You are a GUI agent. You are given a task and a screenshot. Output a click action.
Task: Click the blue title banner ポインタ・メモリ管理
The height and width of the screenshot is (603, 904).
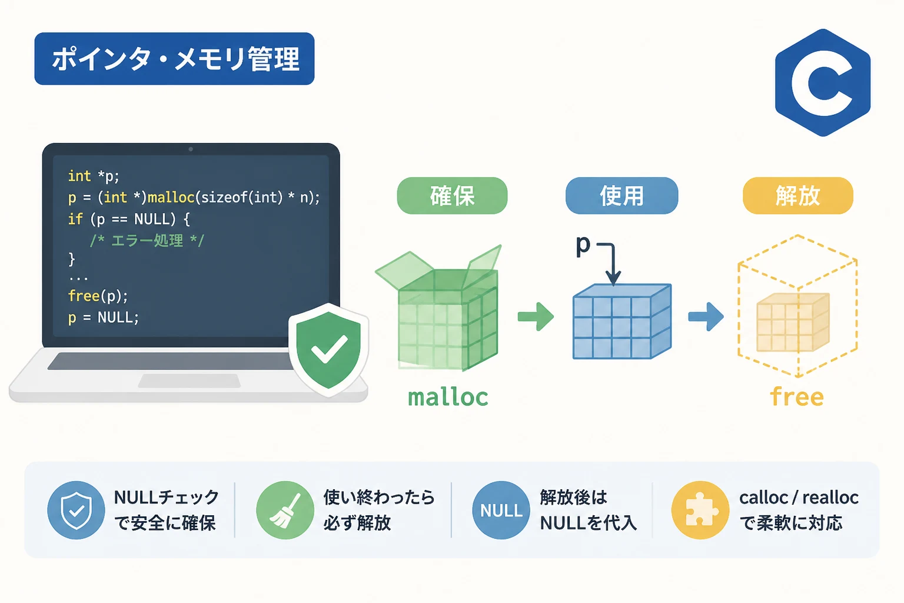pyautogui.click(x=174, y=59)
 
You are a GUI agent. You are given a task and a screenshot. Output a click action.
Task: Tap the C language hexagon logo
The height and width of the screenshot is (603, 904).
pyautogui.click(x=823, y=83)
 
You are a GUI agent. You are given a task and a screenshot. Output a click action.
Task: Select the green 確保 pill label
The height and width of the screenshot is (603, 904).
pyautogui.click(x=452, y=196)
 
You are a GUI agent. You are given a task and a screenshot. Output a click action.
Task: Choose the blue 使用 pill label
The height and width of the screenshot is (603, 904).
pyautogui.click(x=621, y=196)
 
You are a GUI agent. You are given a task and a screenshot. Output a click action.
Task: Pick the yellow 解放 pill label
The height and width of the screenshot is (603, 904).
pyautogui.click(x=798, y=196)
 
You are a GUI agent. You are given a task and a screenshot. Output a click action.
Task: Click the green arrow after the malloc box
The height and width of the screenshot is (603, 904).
pyautogui.click(x=536, y=317)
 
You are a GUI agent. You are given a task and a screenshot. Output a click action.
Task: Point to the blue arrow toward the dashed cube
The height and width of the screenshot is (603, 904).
pyautogui.click(x=706, y=317)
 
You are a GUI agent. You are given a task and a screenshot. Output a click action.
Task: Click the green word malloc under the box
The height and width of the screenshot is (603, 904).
pyautogui.click(x=448, y=397)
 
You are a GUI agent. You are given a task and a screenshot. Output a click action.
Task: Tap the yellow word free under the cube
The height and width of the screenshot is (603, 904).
pyautogui.click(x=797, y=396)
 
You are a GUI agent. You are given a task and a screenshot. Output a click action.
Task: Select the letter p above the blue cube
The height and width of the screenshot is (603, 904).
pyautogui.click(x=583, y=245)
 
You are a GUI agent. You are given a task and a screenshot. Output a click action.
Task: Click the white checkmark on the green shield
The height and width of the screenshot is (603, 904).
pyautogui.click(x=330, y=349)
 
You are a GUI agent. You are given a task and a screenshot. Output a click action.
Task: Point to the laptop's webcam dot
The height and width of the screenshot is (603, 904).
pyautogui.click(x=191, y=150)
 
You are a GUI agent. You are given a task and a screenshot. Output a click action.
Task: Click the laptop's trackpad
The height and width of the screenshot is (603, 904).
pyautogui.click(x=190, y=381)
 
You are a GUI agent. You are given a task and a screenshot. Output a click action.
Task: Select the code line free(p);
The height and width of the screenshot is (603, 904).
pyautogui.click(x=98, y=296)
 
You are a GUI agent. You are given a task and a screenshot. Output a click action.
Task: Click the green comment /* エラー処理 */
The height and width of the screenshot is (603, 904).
pyautogui.click(x=147, y=241)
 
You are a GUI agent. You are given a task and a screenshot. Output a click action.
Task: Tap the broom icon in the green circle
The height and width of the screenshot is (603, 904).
pyautogui.click(x=285, y=510)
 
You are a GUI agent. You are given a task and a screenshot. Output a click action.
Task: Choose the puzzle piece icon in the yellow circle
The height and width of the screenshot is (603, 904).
pyautogui.click(x=701, y=510)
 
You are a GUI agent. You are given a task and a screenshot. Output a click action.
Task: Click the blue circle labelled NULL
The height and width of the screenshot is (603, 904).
pyautogui.click(x=501, y=510)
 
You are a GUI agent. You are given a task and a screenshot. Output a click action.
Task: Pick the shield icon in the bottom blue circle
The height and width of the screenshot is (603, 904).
pyautogui.click(x=77, y=510)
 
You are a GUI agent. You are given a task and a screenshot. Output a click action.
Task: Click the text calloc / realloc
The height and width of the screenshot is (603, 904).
pyautogui.click(x=799, y=498)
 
